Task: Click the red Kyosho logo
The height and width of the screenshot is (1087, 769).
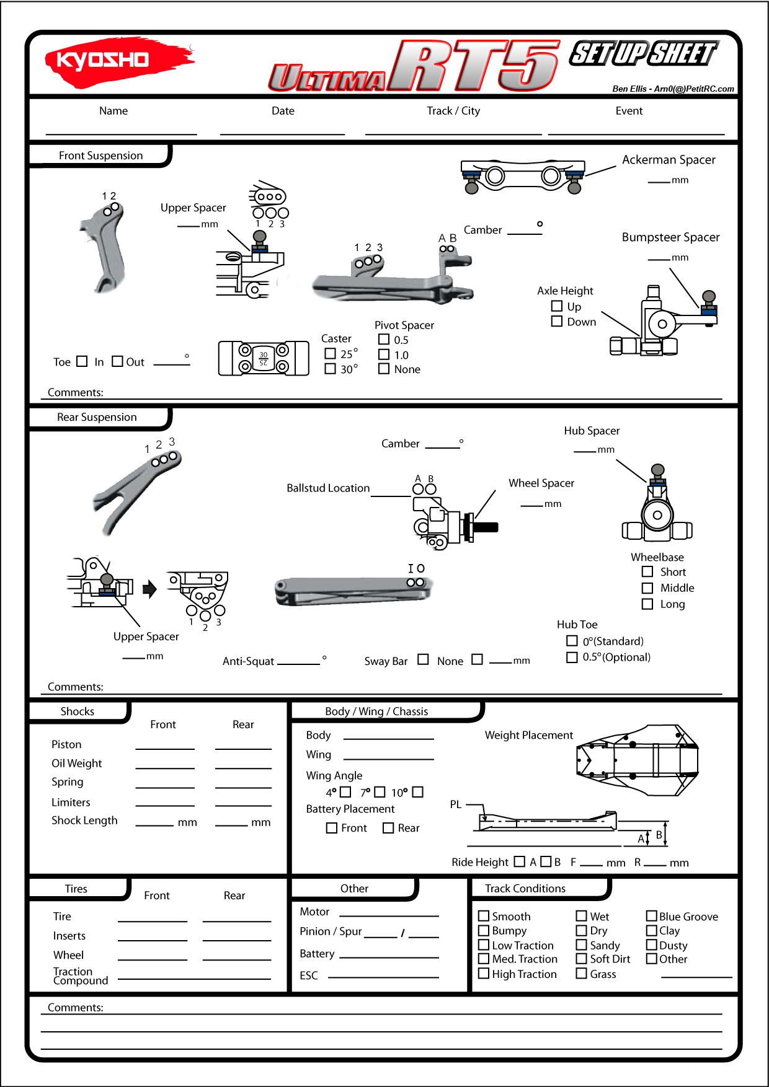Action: coord(118,60)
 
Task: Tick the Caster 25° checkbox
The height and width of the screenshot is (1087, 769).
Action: coord(331,353)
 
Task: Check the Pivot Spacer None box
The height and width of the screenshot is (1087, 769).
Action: coord(384,369)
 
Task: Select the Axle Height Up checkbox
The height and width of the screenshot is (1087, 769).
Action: coord(557,306)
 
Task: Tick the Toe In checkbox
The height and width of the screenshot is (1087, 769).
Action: coord(82,361)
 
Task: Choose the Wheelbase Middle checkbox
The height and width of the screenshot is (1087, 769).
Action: coord(647,588)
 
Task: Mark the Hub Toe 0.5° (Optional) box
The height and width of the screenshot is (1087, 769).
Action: coord(572,657)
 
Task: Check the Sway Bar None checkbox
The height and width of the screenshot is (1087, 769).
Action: coord(423,659)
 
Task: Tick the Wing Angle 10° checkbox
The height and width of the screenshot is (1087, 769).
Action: coord(417,792)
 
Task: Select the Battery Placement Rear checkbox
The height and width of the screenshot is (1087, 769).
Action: coord(388,828)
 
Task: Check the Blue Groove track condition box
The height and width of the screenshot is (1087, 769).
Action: coord(652,916)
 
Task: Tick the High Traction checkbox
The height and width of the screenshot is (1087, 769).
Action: coord(484,974)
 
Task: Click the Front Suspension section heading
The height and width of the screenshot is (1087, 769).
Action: coord(100,156)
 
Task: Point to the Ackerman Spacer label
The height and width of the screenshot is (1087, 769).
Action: coord(669,160)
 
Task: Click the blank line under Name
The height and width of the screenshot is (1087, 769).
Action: coord(121,133)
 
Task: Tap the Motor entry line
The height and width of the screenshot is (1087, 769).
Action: coord(389,915)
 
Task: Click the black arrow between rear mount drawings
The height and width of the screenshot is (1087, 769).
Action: coord(149,589)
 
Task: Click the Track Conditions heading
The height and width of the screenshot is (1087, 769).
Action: coord(525,889)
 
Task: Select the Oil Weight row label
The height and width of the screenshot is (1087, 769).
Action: coord(77,764)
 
